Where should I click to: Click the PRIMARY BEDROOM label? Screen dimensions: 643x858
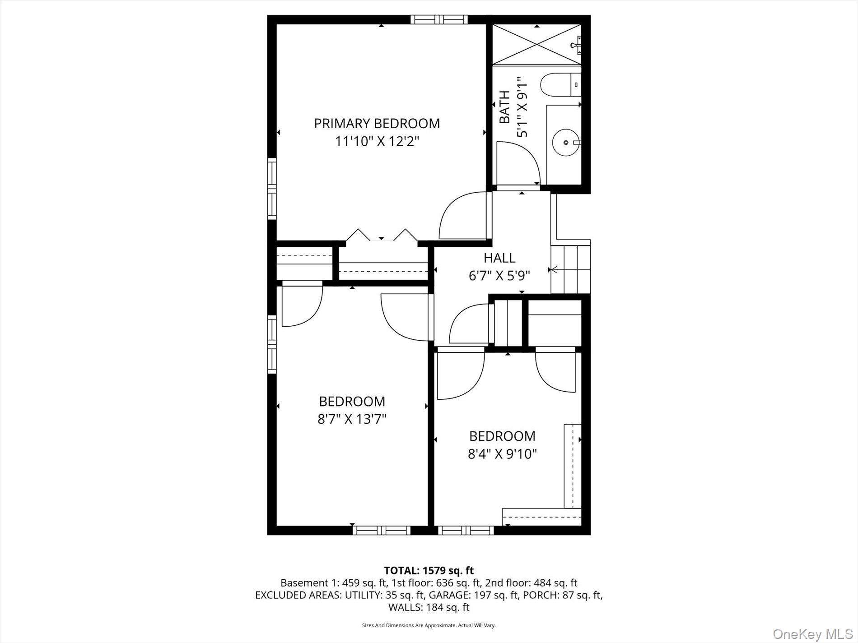377,123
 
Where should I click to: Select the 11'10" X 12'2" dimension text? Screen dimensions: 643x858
377,142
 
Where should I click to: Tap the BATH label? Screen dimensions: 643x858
505,107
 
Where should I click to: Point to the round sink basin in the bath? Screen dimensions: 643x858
565,142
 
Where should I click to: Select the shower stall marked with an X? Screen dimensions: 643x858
536,44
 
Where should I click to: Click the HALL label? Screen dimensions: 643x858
499,258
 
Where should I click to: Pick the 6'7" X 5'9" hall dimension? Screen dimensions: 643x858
499,276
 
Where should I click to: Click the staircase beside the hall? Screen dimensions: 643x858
571,269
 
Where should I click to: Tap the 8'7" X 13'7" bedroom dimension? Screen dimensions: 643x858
352,420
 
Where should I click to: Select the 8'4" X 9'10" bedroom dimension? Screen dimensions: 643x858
502,453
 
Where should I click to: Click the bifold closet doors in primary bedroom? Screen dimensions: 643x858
382,236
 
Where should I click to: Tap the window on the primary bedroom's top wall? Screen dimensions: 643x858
439,19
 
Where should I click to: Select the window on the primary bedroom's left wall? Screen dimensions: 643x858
271,189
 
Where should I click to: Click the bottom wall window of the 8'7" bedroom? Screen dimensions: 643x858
382,530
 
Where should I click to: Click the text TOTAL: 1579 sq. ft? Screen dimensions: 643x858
429,570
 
